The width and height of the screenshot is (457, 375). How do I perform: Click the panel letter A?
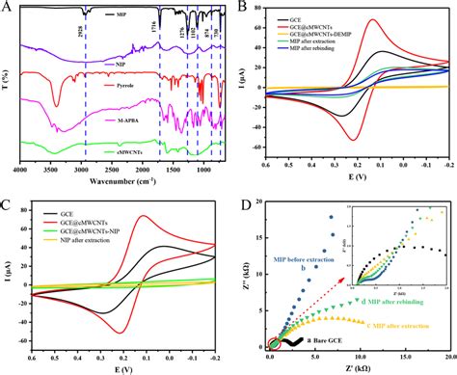tap(7, 8)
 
